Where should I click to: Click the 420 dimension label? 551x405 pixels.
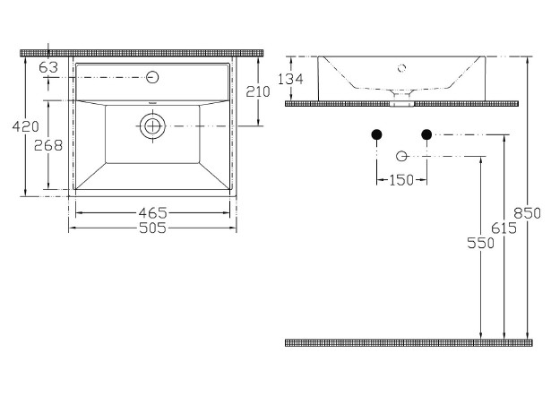point(25,126)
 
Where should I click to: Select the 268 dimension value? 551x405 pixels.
point(48,145)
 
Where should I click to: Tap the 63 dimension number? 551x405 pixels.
point(48,67)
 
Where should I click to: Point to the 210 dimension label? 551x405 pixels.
point(257,91)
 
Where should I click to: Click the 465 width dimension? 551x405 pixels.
point(153,212)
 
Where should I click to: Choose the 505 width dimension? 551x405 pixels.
point(153,228)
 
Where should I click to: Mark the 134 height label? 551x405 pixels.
point(290,80)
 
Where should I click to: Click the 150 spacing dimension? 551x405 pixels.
point(401,180)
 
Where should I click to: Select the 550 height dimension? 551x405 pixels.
point(480,243)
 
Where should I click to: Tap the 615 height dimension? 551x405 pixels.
point(504,228)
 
